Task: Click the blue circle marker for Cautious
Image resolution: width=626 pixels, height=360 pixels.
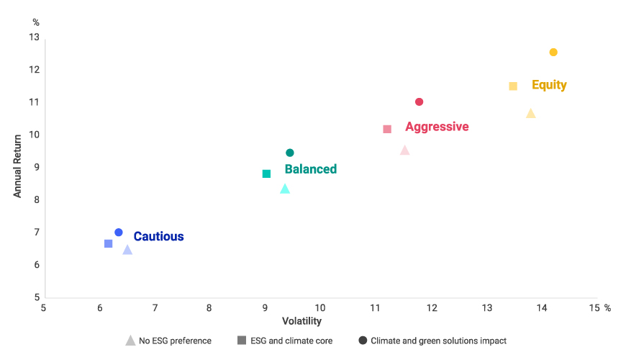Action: [119, 233]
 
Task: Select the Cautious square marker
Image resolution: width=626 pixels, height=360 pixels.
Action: [109, 243]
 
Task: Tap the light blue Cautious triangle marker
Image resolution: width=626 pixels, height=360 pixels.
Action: [127, 250]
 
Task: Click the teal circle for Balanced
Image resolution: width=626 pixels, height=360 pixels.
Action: [290, 153]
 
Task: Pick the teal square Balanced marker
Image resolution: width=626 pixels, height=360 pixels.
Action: [266, 174]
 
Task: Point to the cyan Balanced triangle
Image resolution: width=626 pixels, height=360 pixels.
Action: [285, 189]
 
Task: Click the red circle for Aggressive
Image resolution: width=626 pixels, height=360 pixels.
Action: [419, 102]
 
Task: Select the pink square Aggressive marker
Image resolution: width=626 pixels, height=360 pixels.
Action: [387, 129]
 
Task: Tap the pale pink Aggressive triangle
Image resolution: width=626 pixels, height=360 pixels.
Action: [404, 150]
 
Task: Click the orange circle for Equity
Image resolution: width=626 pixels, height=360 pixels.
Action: [553, 52]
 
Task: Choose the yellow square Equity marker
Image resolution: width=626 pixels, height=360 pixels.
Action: [513, 86]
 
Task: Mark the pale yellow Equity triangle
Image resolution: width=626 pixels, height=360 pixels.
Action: [531, 113]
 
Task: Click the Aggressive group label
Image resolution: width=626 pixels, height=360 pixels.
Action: [437, 127]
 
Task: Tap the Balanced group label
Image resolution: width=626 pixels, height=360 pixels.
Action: [310, 169]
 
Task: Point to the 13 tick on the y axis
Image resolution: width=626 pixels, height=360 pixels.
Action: [34, 37]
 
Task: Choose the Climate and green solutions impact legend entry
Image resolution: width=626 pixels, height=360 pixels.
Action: [432, 341]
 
